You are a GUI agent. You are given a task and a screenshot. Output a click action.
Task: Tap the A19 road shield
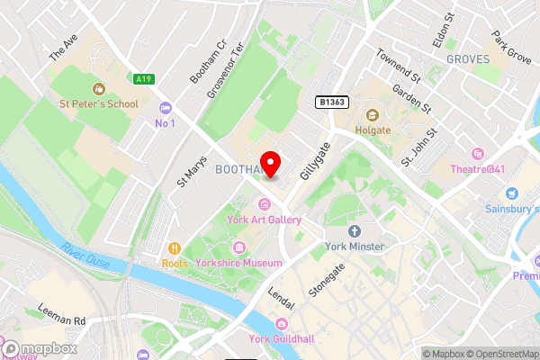(142, 79)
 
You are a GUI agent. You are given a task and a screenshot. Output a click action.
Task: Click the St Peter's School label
(99, 103)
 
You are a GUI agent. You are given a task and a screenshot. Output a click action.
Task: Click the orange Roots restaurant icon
(170, 248)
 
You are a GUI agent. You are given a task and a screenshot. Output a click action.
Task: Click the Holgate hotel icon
(371, 114)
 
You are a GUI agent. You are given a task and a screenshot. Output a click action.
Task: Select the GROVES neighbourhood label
(468, 59)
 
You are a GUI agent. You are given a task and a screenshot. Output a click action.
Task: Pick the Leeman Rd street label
(61, 314)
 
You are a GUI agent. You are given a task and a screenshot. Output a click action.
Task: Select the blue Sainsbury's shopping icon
(512, 193)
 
